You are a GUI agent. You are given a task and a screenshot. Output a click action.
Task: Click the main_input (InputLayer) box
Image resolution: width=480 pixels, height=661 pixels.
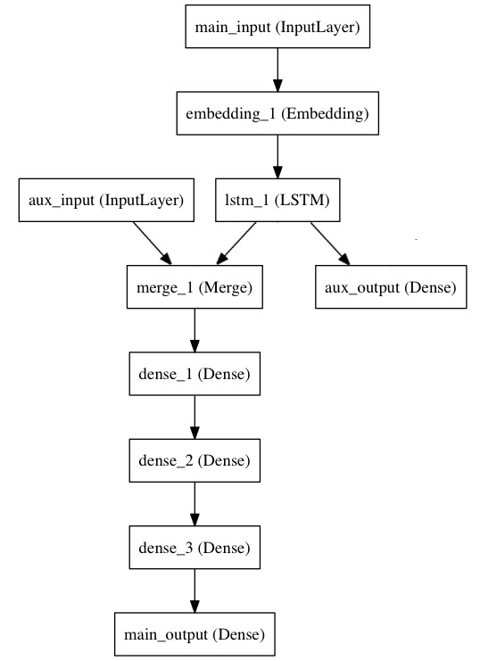(x=277, y=29)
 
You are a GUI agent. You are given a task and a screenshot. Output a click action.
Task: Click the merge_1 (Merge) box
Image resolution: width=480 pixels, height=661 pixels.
(x=194, y=289)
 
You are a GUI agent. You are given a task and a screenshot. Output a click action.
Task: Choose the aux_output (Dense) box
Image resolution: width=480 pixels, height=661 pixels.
(x=392, y=289)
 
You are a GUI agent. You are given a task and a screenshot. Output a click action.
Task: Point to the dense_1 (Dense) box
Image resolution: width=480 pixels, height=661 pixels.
(x=194, y=376)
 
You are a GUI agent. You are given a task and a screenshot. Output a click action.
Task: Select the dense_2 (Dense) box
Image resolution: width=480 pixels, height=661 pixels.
(x=194, y=461)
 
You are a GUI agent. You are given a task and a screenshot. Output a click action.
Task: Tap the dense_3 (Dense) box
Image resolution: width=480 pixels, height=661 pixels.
(x=194, y=548)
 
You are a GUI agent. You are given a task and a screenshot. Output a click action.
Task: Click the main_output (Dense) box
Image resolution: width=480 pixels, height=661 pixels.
(x=194, y=634)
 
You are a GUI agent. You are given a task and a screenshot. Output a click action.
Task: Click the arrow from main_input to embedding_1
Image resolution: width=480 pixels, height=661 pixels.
(x=277, y=71)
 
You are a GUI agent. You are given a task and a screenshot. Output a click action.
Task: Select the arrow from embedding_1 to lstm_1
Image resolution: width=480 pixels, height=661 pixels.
(x=277, y=158)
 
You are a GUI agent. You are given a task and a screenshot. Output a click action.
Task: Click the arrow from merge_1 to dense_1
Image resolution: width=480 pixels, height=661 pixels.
(x=194, y=331)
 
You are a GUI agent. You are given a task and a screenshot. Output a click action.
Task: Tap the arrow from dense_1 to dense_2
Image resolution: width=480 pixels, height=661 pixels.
(x=194, y=417)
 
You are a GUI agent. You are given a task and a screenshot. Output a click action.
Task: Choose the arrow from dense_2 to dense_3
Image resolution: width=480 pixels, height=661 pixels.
(x=194, y=504)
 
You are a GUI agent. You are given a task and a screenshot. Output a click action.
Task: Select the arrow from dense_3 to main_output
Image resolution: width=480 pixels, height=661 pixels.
(x=194, y=591)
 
